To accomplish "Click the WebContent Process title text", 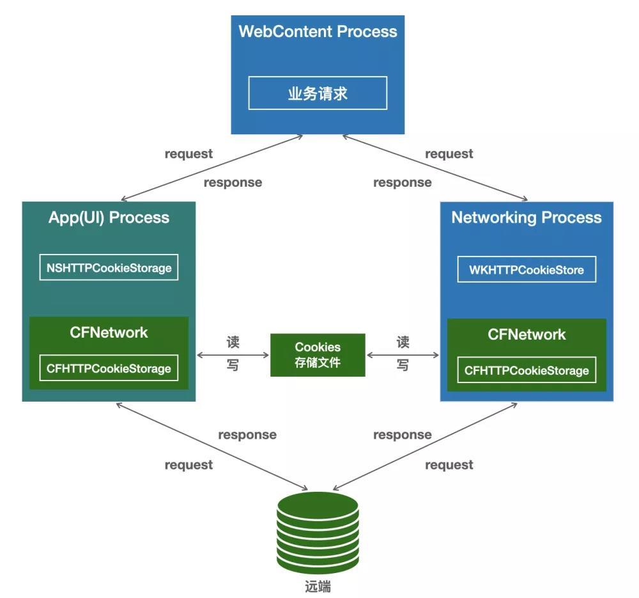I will click(318, 31).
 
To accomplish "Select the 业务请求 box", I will click(318, 93).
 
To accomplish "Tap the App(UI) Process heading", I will click(109, 217).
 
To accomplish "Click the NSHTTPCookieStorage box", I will click(109, 267).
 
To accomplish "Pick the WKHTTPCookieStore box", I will click(527, 270).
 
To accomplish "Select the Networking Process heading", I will click(527, 217).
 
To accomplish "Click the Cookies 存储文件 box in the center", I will click(318, 354).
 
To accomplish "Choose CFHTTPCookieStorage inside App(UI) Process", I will click(109, 368).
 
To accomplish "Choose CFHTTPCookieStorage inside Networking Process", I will click(527, 370).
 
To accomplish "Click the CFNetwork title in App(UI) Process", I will click(109, 333).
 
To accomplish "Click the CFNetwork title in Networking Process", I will click(527, 334).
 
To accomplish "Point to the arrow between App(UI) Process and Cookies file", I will click(233, 354).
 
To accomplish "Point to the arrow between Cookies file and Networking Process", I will click(403, 354).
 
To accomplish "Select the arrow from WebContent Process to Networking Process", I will click(435, 168).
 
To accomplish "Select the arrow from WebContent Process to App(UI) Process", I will click(211, 168).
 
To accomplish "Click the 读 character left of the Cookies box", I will click(233, 342).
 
